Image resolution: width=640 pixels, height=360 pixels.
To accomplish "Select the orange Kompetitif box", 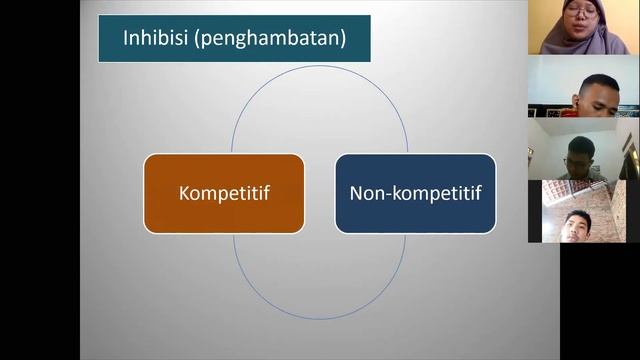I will tap(224, 192).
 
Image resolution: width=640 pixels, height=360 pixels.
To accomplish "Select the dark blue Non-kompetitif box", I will tap(415, 192).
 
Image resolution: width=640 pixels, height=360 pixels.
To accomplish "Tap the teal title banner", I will tap(234, 40).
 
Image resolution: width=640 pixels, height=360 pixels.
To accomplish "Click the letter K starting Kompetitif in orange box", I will tap(184, 193).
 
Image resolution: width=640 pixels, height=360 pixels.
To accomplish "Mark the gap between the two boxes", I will tap(319, 193).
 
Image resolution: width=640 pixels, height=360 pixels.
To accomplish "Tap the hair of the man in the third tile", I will tap(581, 143).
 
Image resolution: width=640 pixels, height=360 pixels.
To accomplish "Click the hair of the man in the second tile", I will tap(599, 80).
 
